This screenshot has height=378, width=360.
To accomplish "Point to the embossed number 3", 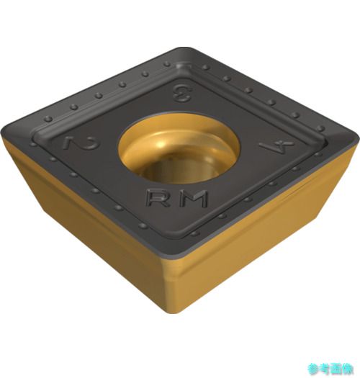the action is point(181,93).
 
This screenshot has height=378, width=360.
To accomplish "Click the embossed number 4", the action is point(276,145).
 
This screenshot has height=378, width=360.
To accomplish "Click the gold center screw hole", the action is point(179,148).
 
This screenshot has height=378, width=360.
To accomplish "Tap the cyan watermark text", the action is point(330,369).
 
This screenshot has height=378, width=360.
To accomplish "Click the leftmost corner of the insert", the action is point(2,135).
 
